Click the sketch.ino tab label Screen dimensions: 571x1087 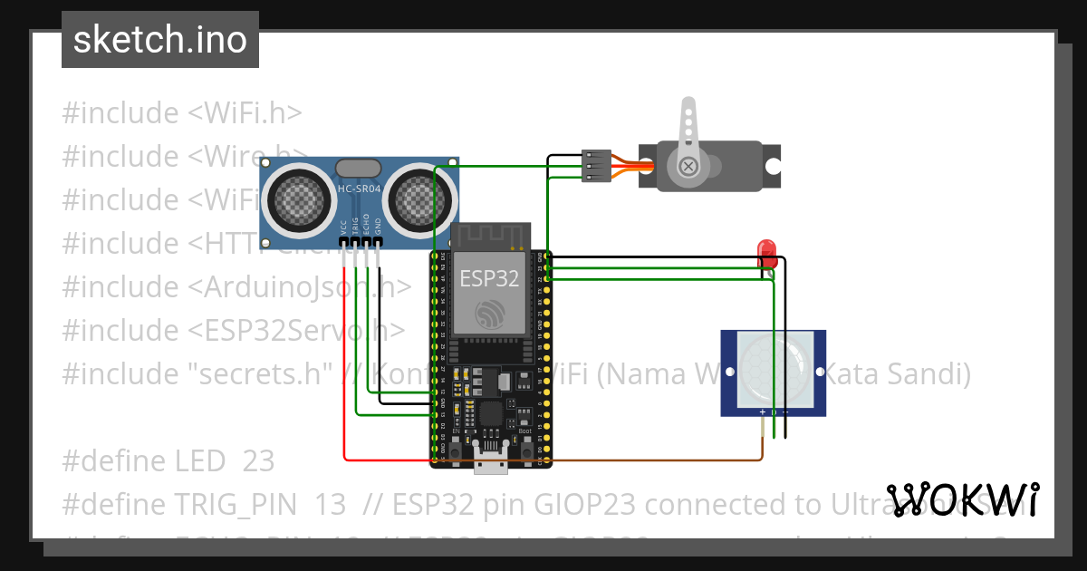coord(160,40)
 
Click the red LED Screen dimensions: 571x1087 coord(767,250)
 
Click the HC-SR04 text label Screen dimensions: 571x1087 coord(359,189)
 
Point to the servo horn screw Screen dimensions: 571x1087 coord(688,166)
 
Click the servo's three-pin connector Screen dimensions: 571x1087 coord(596,166)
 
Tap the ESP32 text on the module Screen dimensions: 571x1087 coord(489,277)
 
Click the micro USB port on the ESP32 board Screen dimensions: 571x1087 coord(490,462)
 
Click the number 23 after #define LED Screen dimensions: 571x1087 coord(258,461)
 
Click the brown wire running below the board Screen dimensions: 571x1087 coord(652,460)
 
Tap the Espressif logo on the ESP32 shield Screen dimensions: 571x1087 coord(490,313)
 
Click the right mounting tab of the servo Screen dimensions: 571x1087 coord(772,167)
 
